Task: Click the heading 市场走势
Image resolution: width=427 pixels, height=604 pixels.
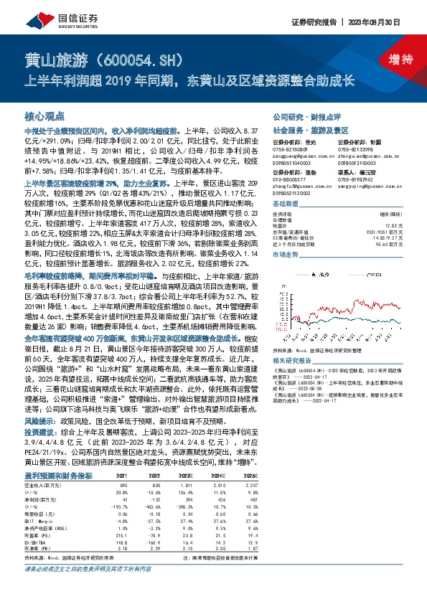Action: point(286,254)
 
